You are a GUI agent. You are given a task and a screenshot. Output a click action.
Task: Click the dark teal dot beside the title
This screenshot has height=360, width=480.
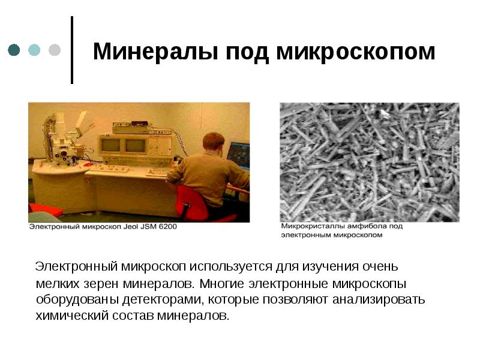tap(14, 50)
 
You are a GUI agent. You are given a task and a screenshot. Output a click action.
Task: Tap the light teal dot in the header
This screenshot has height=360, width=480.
tap(34, 50)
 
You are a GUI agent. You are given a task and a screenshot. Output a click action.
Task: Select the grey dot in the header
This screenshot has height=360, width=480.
tap(54, 50)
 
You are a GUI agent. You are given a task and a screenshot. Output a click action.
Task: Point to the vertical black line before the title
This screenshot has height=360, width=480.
tap(73, 50)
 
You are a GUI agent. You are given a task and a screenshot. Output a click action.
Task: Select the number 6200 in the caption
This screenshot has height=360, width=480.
tap(167, 227)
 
